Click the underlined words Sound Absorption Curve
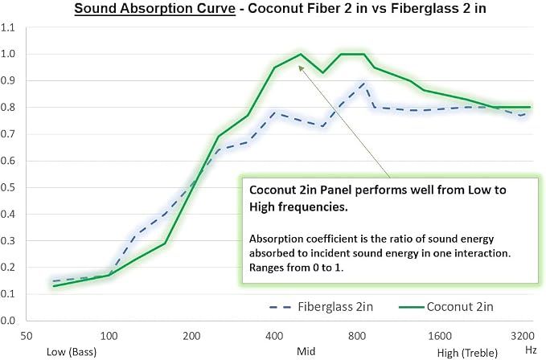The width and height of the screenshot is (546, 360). [155, 8]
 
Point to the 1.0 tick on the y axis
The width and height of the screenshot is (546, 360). [8, 54]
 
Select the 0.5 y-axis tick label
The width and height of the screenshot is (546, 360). [8, 187]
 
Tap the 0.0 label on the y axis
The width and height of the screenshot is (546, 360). [8, 321]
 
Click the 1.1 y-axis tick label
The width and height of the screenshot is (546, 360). [8, 27]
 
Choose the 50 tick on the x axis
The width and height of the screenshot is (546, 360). [26, 336]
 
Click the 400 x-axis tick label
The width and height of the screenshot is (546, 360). [274, 336]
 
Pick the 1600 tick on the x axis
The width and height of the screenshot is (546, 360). [439, 336]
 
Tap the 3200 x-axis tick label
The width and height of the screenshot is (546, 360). [523, 336]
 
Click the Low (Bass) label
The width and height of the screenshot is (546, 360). [72, 352]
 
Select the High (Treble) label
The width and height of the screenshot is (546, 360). [467, 353]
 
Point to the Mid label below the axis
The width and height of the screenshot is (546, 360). [306, 351]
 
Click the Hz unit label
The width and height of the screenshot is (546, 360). [531, 350]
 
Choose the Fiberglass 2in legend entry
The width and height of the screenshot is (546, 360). [321, 307]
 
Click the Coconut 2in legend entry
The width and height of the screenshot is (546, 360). [446, 307]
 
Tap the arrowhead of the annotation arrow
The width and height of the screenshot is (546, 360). [301, 68]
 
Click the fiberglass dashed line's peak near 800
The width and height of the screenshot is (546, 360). [364, 83]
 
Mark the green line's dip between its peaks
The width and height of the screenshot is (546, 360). [322, 72]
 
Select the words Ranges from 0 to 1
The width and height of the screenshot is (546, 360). [297, 268]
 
